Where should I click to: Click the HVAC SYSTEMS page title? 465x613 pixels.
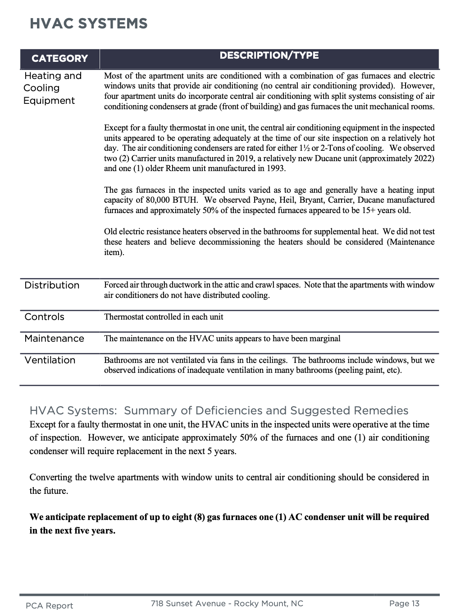point(88,23)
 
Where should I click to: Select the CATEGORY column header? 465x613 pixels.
point(59,59)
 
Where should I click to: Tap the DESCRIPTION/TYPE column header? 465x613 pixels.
point(269,56)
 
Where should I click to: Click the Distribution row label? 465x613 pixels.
point(52,285)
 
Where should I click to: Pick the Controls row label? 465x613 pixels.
point(44,317)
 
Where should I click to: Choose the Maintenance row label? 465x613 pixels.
point(54,339)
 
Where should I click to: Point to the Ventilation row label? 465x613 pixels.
point(50,360)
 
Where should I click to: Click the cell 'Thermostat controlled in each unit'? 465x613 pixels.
point(164,317)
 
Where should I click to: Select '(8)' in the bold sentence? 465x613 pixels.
point(199,517)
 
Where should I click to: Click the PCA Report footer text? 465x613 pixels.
point(49,606)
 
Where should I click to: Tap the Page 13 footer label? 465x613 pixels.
point(404,604)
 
